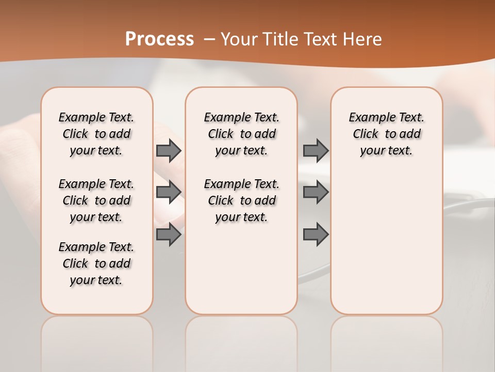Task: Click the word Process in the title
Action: point(159,39)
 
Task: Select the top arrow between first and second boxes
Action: point(168,150)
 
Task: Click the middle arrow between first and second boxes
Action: point(168,192)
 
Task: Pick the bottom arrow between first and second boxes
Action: point(168,235)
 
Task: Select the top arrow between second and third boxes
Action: point(316,150)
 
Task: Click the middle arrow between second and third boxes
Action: point(316,192)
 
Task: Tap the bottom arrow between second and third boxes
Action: point(316,235)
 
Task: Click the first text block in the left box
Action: point(96,134)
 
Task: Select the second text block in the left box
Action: point(96,200)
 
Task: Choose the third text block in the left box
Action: point(96,263)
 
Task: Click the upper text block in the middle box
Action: point(241,134)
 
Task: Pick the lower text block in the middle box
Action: point(241,200)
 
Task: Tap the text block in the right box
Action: point(386,134)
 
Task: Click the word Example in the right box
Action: point(368,118)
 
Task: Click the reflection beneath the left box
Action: point(96,336)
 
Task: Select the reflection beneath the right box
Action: point(386,336)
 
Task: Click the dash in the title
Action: point(209,39)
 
